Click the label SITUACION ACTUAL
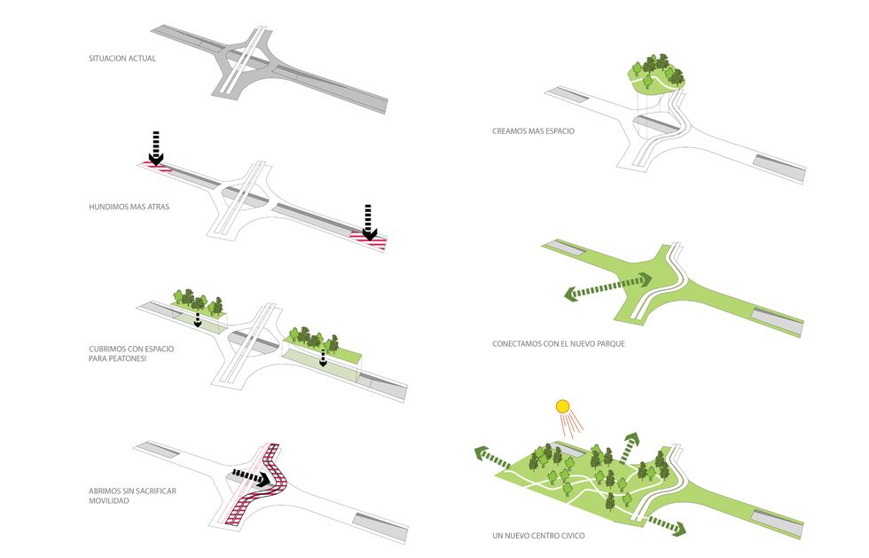click(x=122, y=59)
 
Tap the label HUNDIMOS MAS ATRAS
click(x=129, y=206)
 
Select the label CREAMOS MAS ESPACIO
click(x=534, y=131)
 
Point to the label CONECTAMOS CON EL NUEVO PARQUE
click(x=559, y=343)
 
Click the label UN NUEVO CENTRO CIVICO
click(x=538, y=536)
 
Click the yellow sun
click(x=561, y=407)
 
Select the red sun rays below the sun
click(x=575, y=425)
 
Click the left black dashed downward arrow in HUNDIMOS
click(x=156, y=148)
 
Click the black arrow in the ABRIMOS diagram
click(x=253, y=479)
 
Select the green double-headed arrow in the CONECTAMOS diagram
click(x=610, y=287)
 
